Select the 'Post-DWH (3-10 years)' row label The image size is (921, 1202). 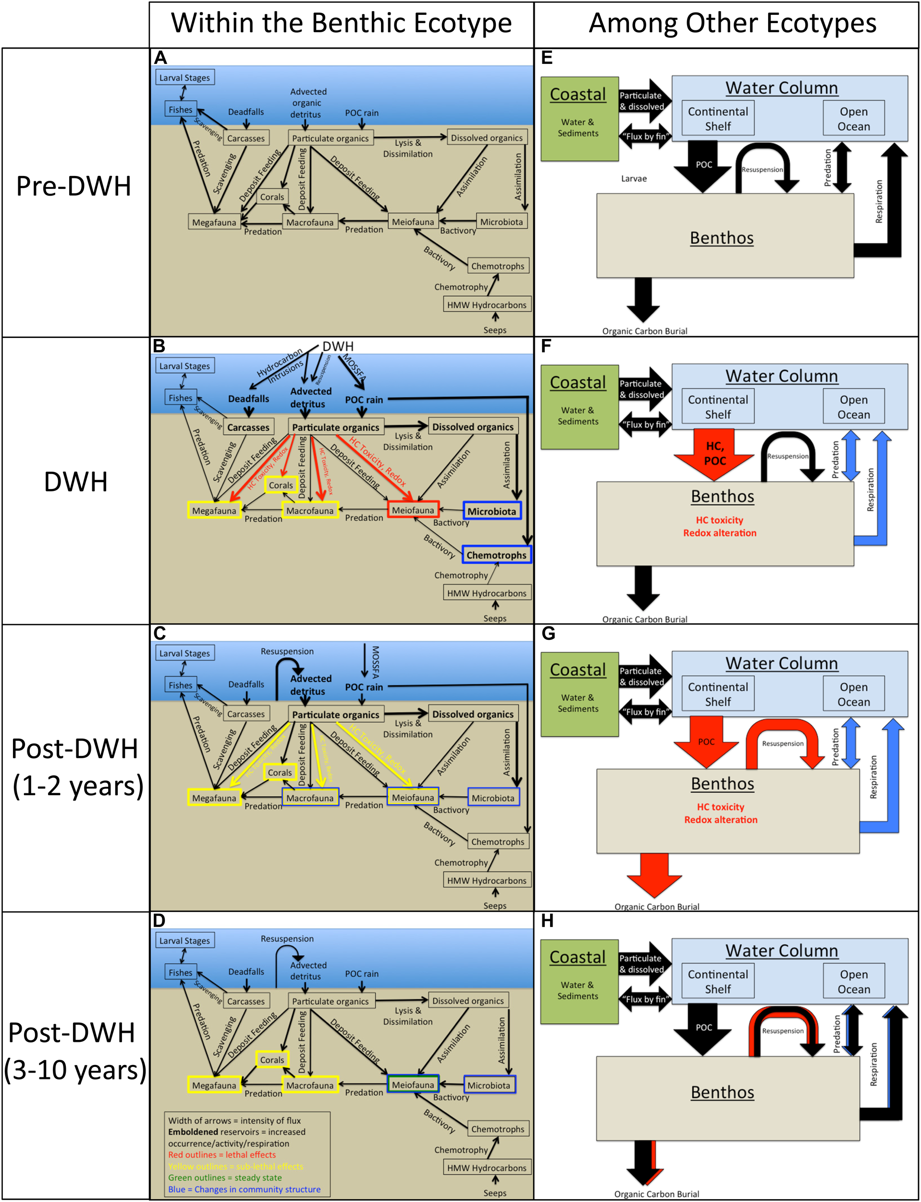(x=74, y=1051)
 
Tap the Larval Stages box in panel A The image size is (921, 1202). (x=184, y=78)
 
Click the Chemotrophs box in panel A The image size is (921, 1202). (x=497, y=266)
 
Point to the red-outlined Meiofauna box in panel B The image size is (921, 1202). (x=413, y=510)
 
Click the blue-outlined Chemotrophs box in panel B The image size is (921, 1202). (x=496, y=555)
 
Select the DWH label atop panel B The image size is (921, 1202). (x=338, y=347)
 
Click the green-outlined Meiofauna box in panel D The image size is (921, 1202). (x=413, y=1085)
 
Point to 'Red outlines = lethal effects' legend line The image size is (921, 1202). (x=221, y=1154)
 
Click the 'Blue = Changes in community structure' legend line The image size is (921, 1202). (x=244, y=1189)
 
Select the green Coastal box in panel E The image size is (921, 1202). (x=579, y=118)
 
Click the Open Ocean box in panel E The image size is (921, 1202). (x=853, y=118)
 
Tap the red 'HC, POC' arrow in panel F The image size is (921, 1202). (x=714, y=454)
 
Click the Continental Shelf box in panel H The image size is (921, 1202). (x=718, y=981)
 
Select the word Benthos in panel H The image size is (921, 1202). (x=722, y=1092)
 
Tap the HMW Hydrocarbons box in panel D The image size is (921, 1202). (x=486, y=1167)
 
